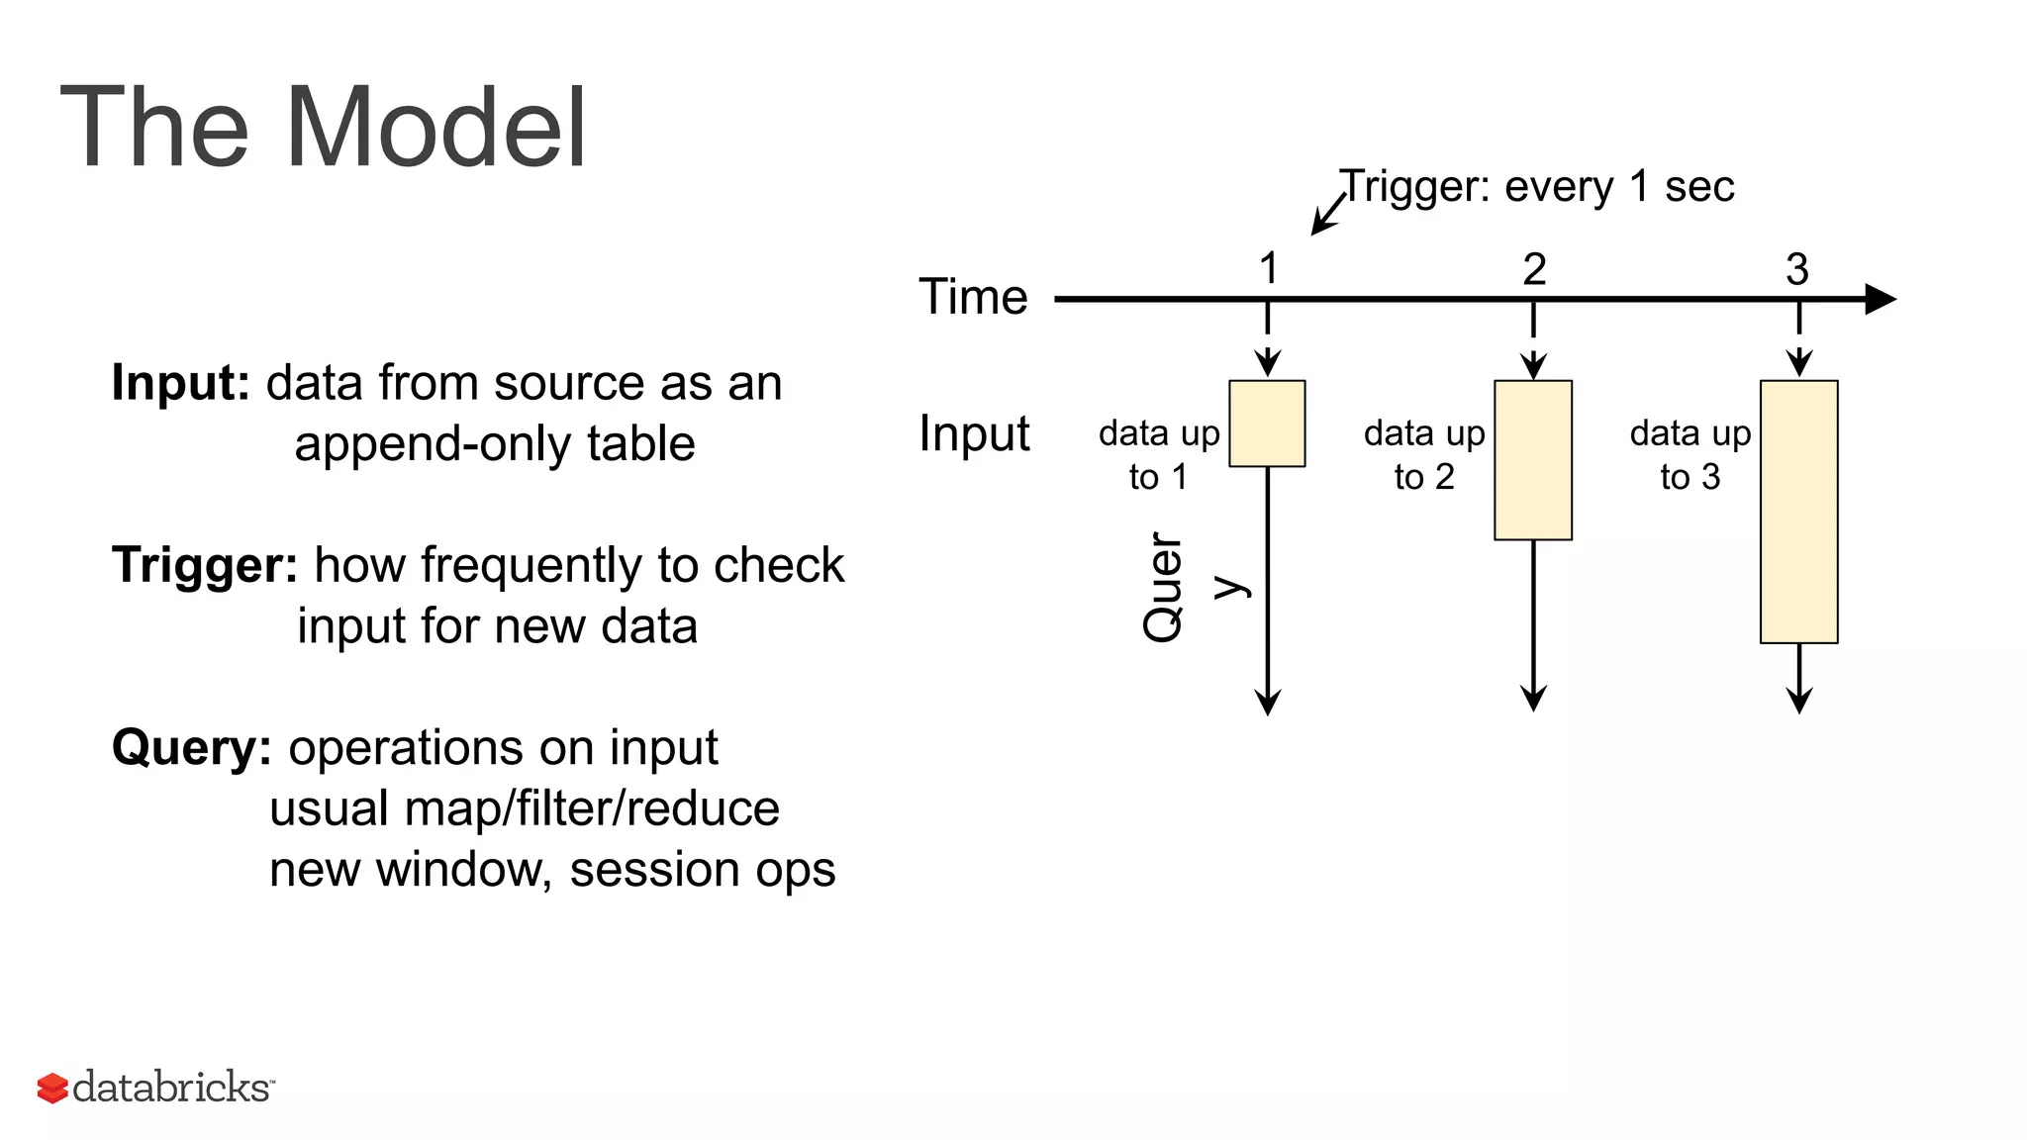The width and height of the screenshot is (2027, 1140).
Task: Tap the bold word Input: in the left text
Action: pos(181,383)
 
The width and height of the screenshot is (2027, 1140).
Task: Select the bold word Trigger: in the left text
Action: pos(205,565)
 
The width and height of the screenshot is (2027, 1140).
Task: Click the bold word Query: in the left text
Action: pos(191,747)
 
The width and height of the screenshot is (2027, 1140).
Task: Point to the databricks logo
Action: pos(155,1087)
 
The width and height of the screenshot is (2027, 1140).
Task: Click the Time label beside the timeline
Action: pos(973,297)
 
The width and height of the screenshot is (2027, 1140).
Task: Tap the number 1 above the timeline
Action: pos(1268,268)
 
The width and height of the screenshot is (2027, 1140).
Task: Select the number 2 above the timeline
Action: pos(1534,268)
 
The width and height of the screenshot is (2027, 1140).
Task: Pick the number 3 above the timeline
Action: pos(1797,268)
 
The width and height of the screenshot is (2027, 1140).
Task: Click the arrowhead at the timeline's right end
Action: pos(1880,299)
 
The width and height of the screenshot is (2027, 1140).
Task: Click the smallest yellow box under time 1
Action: pos(1267,424)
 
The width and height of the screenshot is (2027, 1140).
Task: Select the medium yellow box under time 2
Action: pos(1533,460)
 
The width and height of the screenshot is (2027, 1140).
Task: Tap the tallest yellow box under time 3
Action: pos(1798,512)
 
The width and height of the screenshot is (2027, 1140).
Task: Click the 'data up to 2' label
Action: pos(1424,455)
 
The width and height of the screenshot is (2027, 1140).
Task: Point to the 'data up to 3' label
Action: pos(1690,455)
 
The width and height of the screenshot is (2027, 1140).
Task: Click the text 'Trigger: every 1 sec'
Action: pos(1536,186)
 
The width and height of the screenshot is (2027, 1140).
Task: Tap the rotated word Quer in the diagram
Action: pos(1163,588)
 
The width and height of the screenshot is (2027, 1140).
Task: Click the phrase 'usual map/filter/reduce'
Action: pos(525,808)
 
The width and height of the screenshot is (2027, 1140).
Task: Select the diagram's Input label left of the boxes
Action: pos(974,433)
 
